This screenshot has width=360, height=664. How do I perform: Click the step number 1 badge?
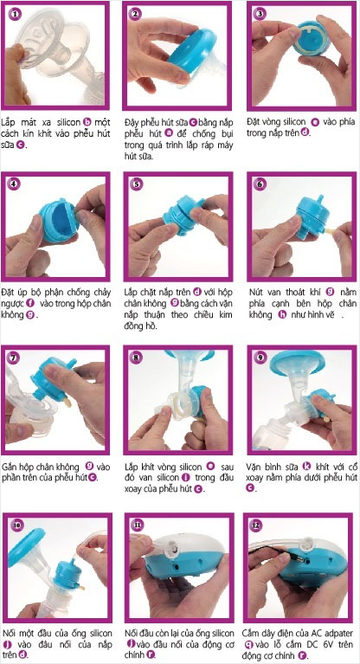16,15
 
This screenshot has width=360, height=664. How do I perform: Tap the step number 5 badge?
137,184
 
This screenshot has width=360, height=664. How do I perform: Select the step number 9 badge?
260,358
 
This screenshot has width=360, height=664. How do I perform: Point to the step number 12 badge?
255,525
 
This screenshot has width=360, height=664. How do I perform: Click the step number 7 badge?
15,358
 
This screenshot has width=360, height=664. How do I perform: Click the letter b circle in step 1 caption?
87,123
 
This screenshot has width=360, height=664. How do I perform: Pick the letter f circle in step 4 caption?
29,303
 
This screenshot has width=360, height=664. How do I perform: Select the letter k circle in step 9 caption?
306,467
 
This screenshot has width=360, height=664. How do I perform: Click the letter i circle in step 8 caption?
185,478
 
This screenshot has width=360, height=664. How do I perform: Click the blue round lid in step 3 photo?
312,38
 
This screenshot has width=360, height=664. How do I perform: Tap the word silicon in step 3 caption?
292,122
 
